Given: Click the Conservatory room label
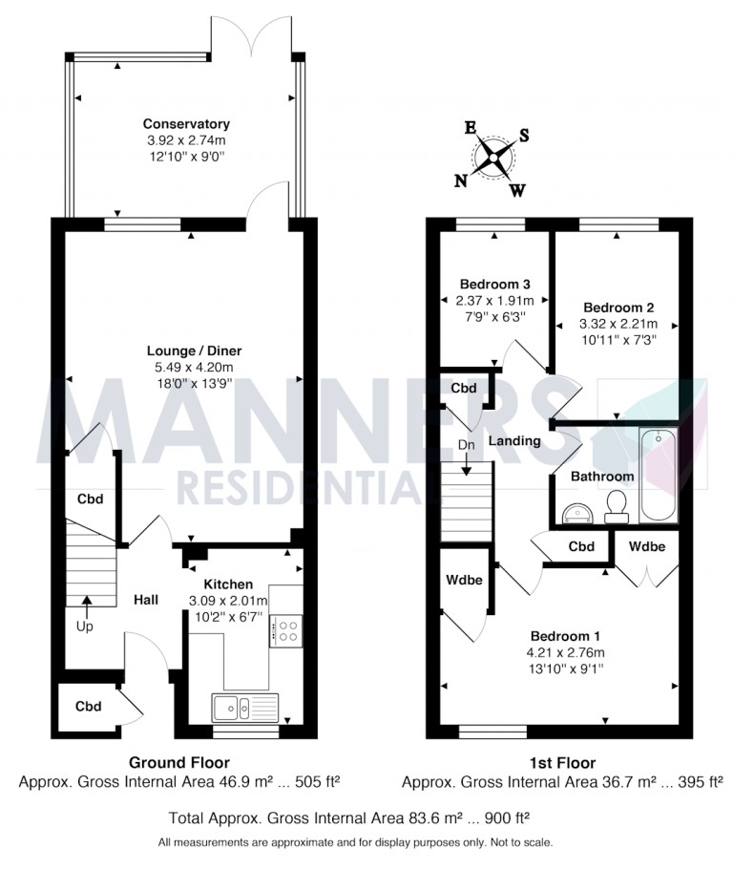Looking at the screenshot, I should coord(186,124).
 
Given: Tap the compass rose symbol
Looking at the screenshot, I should coord(493,157).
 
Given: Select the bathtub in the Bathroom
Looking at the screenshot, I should coord(658,475).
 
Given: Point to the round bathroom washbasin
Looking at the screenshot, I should coord(576,513).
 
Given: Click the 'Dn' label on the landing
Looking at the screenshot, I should coord(465,445).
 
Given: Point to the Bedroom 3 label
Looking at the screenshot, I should coord(494,285).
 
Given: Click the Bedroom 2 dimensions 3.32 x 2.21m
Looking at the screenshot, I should coord(618,323).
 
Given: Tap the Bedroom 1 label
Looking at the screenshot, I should coord(564,635).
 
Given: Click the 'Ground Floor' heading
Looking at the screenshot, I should coord(179,762).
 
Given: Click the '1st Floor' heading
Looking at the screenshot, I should coord(562,762).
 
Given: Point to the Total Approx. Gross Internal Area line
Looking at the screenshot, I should coord(349,818).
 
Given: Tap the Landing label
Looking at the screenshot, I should coord(514,441).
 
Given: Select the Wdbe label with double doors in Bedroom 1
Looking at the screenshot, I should coord(646,546).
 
